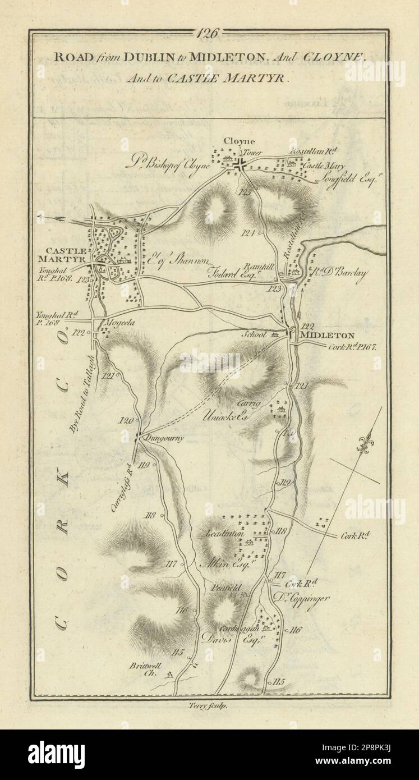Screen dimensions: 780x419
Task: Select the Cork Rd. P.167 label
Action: [354, 347]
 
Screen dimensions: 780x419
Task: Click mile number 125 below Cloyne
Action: [243, 192]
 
